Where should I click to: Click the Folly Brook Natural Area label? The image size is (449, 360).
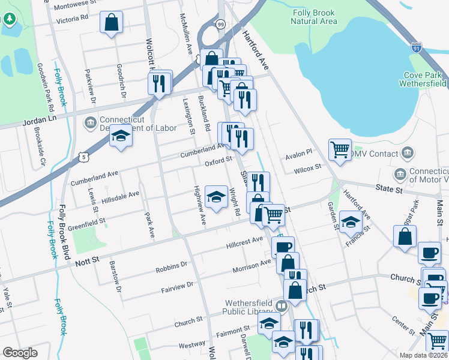pos(314,17)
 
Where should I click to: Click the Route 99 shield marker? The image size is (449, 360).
pos(221,24)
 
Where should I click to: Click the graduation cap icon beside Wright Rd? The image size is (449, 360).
pos(215,196)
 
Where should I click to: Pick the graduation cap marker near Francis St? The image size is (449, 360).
pos(351,223)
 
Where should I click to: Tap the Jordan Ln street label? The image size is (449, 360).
pos(39,120)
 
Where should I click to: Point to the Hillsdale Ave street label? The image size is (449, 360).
pos(120,196)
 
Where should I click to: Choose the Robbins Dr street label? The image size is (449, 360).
pos(171,264)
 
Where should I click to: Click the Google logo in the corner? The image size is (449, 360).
pos(20,352)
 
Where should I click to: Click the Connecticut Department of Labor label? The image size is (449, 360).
pos(137,124)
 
